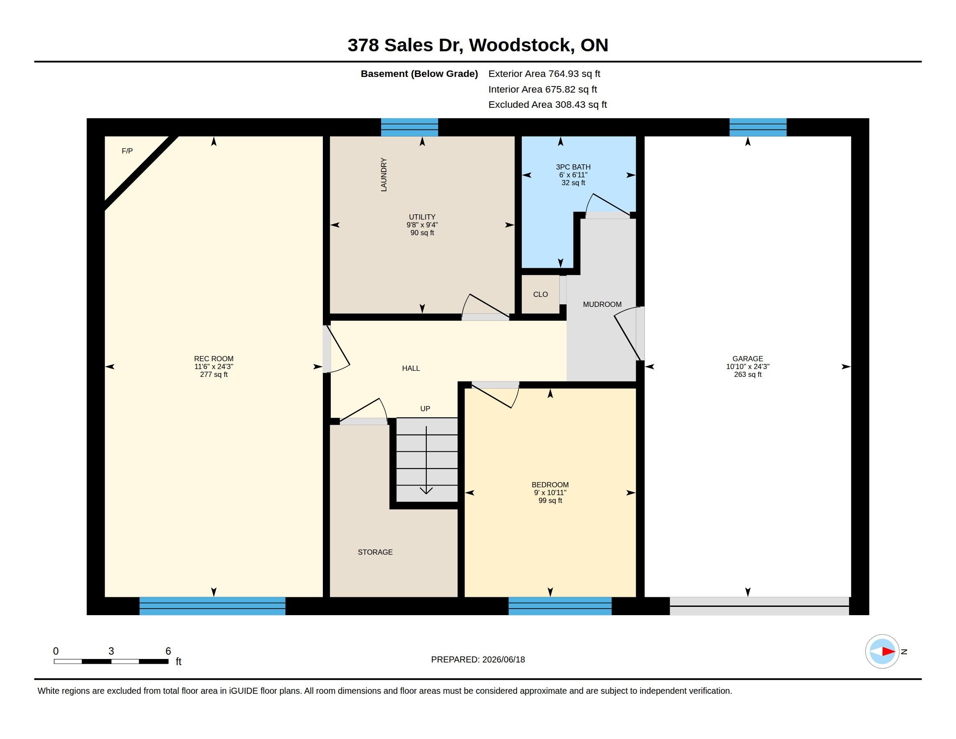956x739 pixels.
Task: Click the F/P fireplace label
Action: (x=127, y=151)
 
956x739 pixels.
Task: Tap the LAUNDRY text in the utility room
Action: (x=384, y=175)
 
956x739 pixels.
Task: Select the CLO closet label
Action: (x=541, y=295)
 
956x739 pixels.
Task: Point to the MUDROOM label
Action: (x=602, y=304)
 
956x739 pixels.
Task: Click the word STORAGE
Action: (x=375, y=552)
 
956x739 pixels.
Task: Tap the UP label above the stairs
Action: (x=425, y=409)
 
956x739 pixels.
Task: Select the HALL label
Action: (x=411, y=368)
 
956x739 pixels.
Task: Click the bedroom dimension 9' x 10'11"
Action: (x=550, y=493)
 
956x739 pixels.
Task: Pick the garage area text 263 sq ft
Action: (x=748, y=374)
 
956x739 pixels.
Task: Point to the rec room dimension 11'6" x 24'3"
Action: (x=214, y=366)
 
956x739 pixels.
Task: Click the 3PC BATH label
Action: (x=573, y=167)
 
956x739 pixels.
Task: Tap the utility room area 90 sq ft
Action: (x=422, y=233)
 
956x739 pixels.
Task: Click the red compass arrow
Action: (x=888, y=652)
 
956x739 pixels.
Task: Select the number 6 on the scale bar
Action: (x=168, y=651)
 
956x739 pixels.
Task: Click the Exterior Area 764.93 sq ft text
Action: (x=544, y=73)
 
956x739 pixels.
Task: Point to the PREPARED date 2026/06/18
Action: (x=503, y=659)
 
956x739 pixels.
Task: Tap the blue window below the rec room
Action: (x=212, y=606)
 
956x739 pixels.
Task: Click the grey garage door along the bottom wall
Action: (x=759, y=606)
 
